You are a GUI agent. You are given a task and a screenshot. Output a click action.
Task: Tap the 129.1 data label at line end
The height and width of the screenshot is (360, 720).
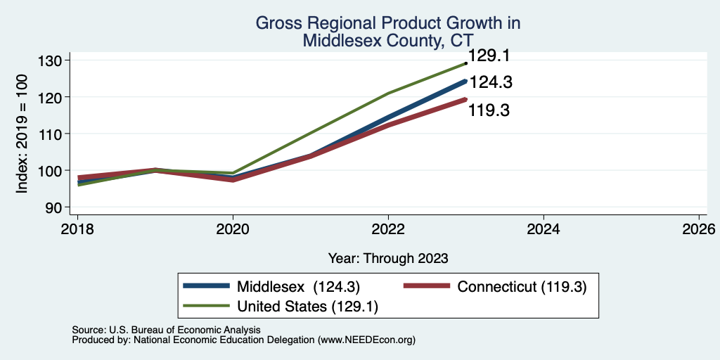489,56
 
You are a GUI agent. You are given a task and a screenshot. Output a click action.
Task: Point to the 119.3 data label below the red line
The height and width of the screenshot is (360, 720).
489,110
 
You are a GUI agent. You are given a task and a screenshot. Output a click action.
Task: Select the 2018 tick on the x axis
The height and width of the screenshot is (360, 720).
77,229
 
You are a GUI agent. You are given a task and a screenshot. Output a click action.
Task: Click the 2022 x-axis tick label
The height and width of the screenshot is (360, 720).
388,229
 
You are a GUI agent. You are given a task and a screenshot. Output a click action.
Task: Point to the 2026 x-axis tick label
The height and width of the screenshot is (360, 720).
699,229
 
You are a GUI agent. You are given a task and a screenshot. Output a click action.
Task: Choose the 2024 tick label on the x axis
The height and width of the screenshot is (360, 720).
544,229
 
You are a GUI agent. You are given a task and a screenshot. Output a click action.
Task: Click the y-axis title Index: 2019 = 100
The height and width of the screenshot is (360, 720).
22,134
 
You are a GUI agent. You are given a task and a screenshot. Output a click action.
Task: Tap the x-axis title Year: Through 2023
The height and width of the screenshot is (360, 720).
388,259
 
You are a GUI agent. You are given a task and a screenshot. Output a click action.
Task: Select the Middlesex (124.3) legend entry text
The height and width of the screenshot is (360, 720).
298,287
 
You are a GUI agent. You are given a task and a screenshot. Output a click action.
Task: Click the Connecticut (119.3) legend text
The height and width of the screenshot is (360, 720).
522,287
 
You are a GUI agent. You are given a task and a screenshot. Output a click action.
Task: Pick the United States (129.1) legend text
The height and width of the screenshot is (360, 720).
308,307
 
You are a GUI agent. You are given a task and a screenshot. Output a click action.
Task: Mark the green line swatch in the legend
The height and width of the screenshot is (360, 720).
206,305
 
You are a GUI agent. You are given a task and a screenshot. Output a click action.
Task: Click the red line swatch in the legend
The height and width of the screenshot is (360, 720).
427,286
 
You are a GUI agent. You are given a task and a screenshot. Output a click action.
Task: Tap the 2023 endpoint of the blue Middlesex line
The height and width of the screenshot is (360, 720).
465,82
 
